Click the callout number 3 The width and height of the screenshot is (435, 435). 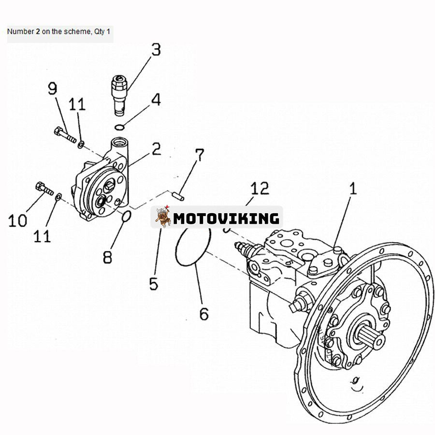[x=155, y=50]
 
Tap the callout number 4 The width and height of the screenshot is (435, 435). [x=155, y=100]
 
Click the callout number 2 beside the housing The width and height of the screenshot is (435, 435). [x=156, y=149]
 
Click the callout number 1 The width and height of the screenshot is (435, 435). [x=353, y=188]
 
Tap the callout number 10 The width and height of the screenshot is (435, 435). [x=18, y=220]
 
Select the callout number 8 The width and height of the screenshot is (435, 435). [x=107, y=256]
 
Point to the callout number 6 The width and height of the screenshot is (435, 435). [x=204, y=314]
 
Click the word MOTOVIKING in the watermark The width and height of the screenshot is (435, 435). [x=226, y=218]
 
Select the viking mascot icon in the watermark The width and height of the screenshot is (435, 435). [x=162, y=217]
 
